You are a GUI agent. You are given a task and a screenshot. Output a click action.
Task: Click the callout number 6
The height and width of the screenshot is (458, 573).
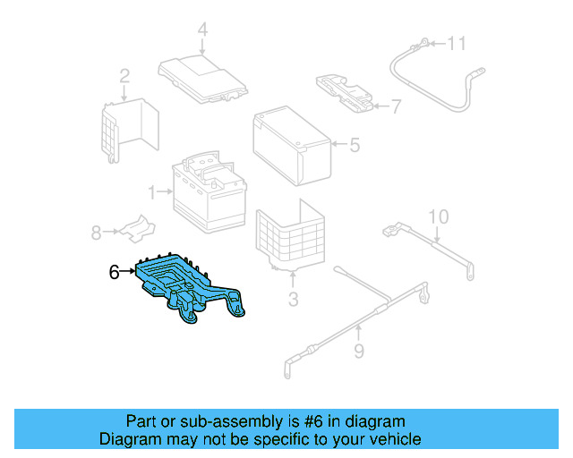point(114,272)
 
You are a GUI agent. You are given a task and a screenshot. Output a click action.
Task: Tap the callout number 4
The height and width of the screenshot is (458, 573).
point(202,30)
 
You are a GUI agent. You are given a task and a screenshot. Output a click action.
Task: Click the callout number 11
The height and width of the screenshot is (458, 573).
point(458,43)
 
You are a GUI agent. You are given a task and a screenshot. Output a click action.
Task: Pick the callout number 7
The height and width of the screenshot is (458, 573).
point(397,107)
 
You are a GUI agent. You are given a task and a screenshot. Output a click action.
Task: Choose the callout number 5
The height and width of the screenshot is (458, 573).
point(355,144)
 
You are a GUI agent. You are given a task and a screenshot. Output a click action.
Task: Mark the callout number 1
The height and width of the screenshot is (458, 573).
point(153,191)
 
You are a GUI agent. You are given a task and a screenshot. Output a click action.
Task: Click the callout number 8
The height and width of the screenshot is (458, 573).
point(96,233)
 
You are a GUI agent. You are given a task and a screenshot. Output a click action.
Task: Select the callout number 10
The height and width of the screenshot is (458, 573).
point(437,216)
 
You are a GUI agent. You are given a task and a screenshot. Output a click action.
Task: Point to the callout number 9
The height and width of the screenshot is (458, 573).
point(358,352)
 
